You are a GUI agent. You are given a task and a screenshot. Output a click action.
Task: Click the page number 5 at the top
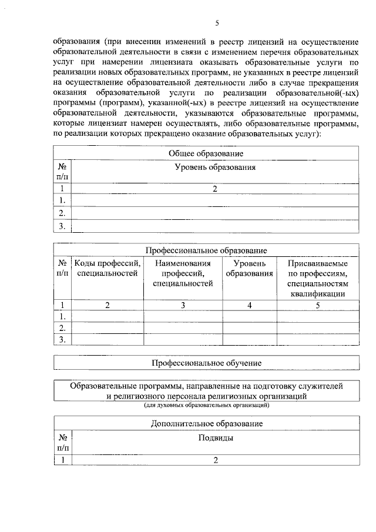coord(217,24)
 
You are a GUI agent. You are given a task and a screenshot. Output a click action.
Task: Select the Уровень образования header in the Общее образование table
coord(216,168)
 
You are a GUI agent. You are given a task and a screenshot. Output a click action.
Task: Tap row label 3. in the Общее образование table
coord(62,226)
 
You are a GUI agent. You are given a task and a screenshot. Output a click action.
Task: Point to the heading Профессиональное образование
coord(206,250)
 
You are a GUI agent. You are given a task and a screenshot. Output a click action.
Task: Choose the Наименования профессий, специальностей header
coord(183,273)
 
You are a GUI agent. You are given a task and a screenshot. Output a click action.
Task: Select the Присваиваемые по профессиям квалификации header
coord(317,279)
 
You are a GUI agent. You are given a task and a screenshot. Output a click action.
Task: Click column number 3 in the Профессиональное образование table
coord(183,305)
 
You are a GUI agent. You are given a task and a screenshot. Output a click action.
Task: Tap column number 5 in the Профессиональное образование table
coord(317,305)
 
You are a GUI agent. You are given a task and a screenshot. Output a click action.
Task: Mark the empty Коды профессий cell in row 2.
coord(107,327)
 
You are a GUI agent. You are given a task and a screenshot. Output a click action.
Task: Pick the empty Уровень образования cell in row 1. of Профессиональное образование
coord(250,316)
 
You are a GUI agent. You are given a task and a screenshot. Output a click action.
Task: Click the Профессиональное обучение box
coord(206,363)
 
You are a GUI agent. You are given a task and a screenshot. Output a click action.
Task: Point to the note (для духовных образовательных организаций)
coord(206,406)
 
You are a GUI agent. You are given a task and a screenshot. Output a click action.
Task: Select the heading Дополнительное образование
coord(206,423)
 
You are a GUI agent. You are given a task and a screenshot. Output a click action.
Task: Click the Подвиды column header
coord(216,439)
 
